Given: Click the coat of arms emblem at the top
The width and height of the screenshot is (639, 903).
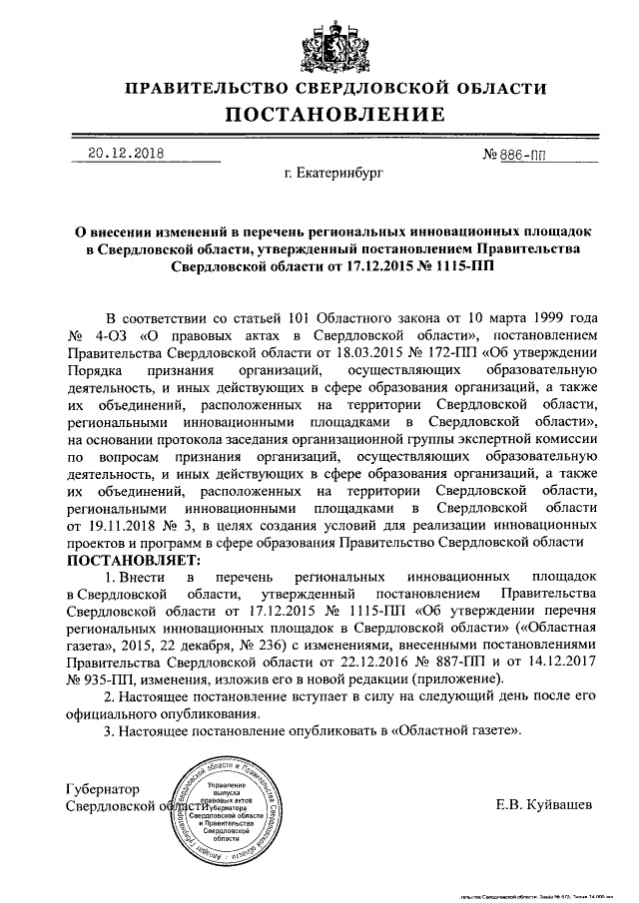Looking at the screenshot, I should (x=320, y=40).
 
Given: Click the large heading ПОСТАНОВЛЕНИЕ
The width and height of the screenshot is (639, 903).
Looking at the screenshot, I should (x=320, y=116).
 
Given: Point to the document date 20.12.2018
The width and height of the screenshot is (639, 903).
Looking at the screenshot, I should (x=126, y=154).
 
